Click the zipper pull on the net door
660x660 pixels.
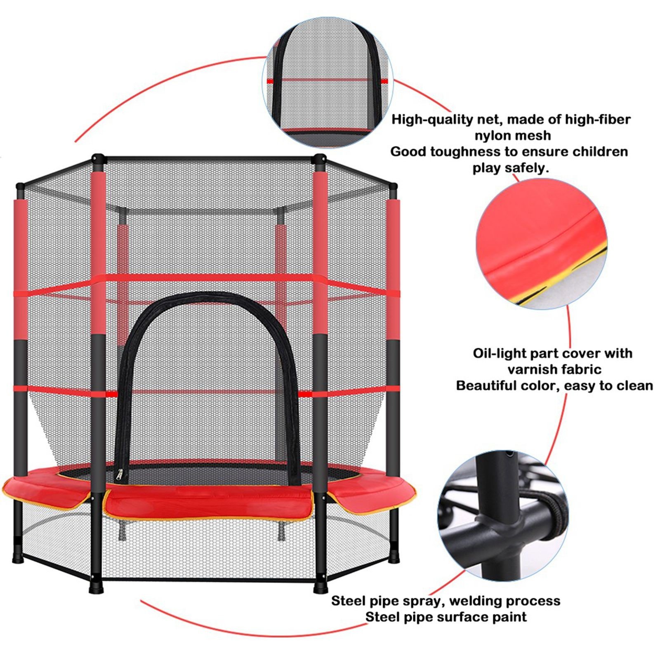(x=121, y=476)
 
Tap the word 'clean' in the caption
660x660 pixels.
(x=635, y=386)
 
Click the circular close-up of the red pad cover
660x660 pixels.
(x=542, y=244)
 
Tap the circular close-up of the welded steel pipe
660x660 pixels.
(x=503, y=516)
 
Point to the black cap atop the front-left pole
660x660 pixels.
(x=98, y=159)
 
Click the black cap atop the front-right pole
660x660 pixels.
(x=319, y=159)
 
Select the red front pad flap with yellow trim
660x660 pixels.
(x=209, y=503)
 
